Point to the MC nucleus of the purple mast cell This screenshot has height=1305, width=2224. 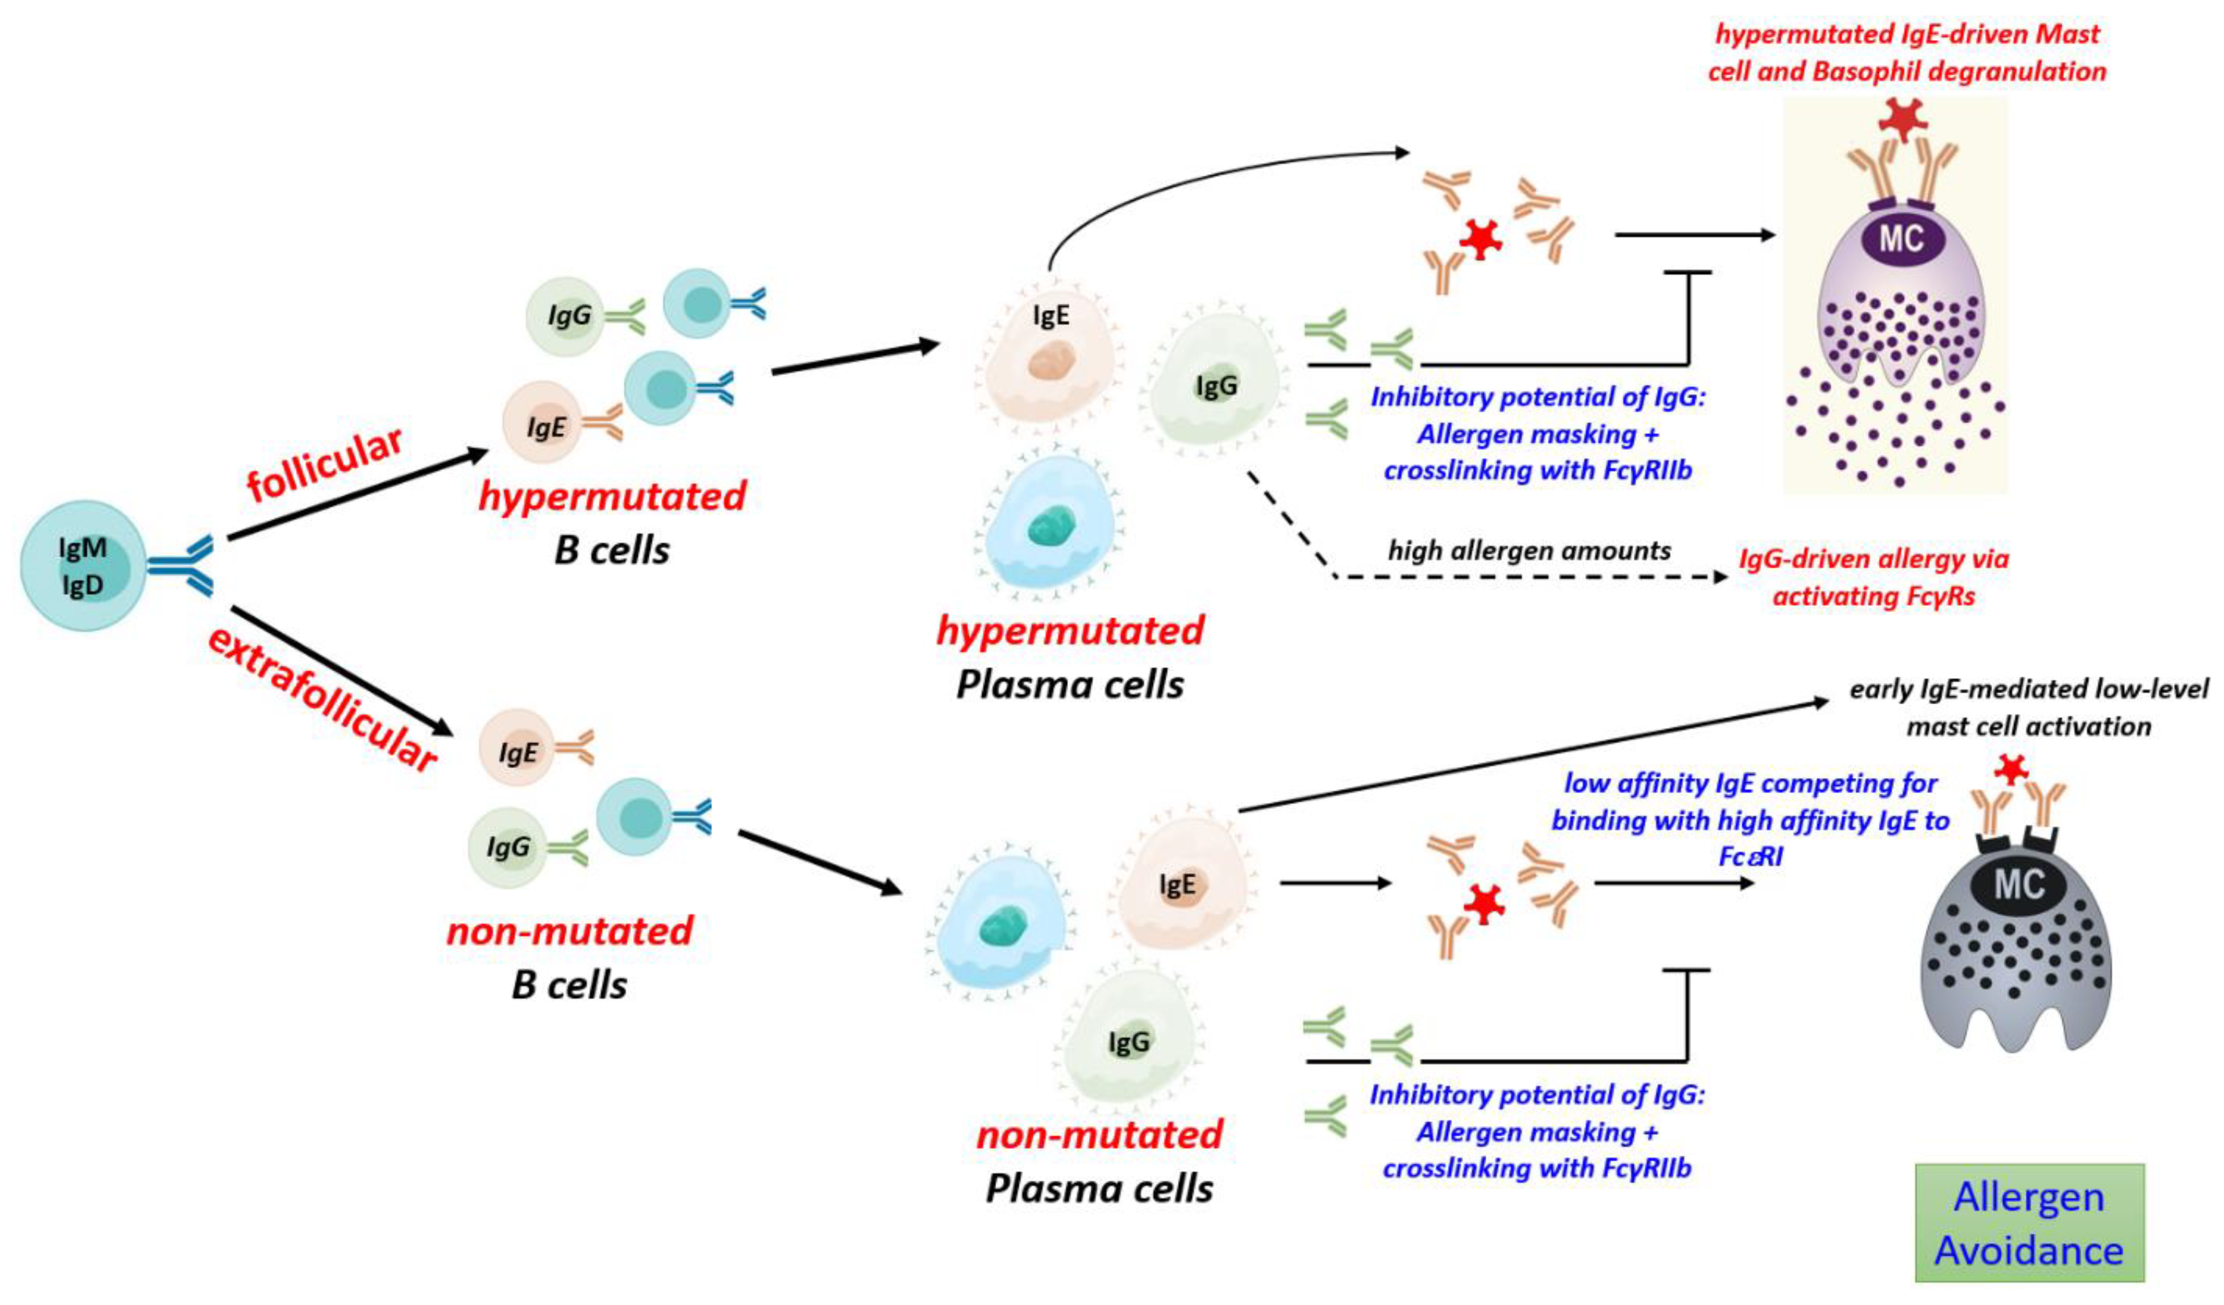1900,238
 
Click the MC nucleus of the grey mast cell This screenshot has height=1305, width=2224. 2019,884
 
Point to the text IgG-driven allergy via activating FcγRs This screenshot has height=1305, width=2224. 1873,577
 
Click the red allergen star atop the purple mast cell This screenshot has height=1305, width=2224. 1902,119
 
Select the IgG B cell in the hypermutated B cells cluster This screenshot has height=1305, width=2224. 565,316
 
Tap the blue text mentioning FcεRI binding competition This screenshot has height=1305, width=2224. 1750,820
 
